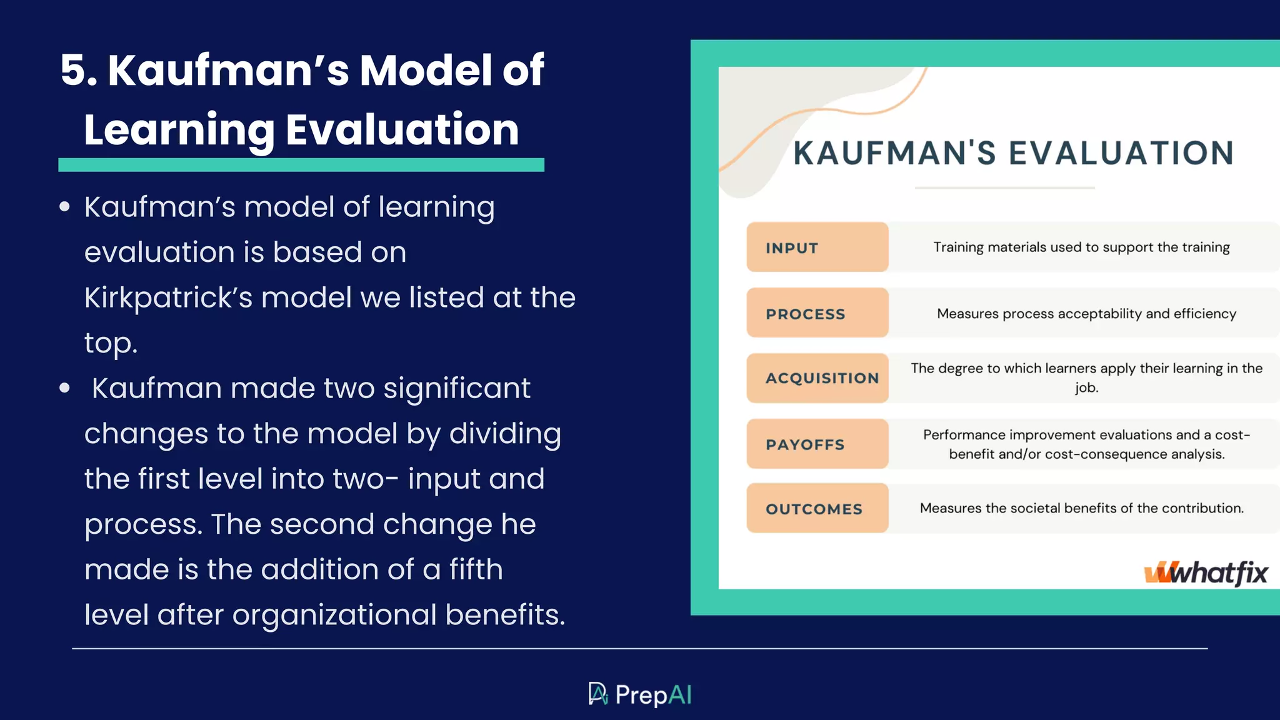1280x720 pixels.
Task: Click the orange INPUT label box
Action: (817, 247)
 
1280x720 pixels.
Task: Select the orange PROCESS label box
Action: (817, 313)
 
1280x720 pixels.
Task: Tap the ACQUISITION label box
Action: (817, 378)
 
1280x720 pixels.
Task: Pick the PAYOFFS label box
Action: (817, 444)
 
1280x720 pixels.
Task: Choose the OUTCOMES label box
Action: (817, 508)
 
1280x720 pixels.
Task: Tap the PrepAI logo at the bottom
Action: (640, 694)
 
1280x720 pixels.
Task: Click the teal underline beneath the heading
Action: (301, 165)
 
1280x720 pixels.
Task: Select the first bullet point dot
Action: (64, 207)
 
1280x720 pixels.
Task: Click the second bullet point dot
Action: (64, 388)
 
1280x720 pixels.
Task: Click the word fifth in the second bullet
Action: (476, 569)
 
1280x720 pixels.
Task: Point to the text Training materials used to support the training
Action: (1081, 247)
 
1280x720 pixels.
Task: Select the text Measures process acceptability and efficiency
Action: (1086, 314)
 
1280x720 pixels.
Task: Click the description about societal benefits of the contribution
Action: (1081, 508)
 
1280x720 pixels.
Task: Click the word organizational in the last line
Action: (334, 615)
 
